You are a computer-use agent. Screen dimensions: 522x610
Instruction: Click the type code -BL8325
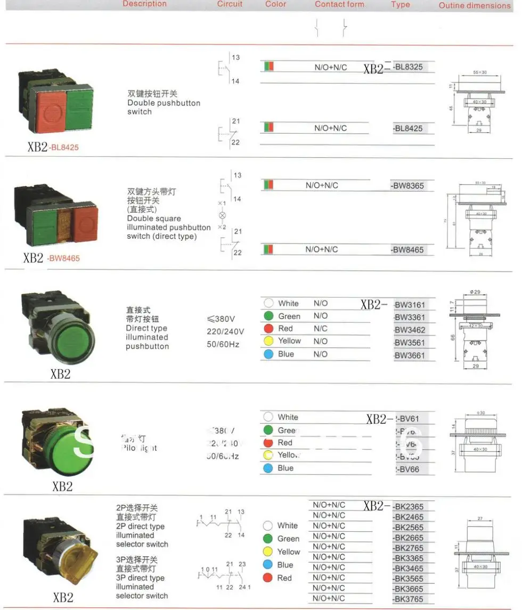pos(408,67)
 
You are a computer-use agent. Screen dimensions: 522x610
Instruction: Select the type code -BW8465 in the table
pos(408,250)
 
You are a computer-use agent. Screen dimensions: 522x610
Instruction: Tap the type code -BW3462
pos(410,330)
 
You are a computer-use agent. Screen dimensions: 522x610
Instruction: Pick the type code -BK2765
pos(409,548)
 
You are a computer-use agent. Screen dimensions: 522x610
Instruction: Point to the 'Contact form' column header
pos(339,4)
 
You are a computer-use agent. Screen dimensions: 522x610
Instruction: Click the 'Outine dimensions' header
pos(474,5)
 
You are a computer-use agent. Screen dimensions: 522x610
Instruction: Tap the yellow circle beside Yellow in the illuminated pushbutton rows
pos(268,341)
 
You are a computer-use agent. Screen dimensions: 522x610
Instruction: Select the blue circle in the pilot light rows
pos(268,468)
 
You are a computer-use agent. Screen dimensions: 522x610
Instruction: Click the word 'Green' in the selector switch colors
pos(288,539)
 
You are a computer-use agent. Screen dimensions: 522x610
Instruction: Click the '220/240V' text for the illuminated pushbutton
pos(225,331)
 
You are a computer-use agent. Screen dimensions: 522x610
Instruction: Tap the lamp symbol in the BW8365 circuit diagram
pos(222,215)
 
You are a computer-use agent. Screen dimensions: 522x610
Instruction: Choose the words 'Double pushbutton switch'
pos(164,107)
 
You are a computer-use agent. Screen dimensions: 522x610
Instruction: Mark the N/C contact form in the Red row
pos(320,329)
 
